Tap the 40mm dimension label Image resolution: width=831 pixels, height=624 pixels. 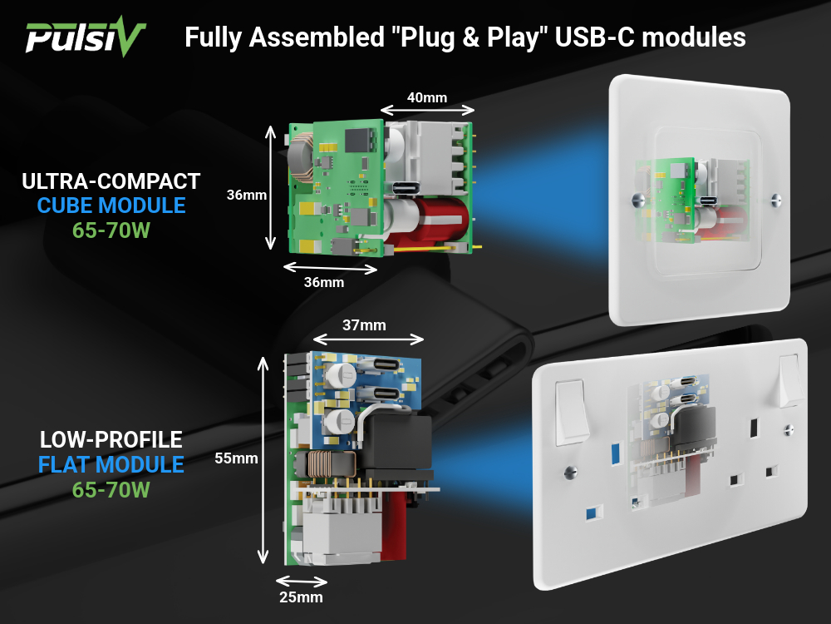(x=426, y=97)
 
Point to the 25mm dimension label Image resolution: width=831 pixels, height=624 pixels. (x=300, y=597)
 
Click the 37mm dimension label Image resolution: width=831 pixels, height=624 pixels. (x=366, y=324)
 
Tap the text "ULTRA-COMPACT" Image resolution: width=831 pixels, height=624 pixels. (x=111, y=181)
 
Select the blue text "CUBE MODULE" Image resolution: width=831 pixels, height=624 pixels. (x=111, y=206)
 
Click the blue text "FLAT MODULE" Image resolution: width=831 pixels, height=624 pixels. (x=111, y=464)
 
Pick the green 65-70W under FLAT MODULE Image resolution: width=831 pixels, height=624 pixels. (x=111, y=490)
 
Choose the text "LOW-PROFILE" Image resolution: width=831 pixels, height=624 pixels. (x=111, y=439)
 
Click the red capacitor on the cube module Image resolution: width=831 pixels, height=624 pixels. (x=432, y=221)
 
